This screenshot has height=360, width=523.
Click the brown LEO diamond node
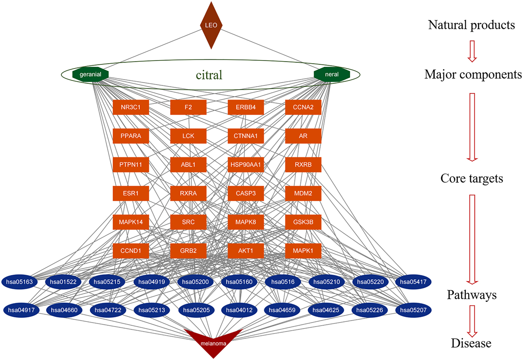pos(211,25)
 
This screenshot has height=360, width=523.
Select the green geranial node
pos(91,74)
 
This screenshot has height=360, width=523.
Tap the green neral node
pos(332,74)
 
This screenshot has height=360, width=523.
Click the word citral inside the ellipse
pos(210,75)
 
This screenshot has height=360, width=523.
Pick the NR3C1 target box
pos(130,107)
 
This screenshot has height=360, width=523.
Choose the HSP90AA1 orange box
pos(245,165)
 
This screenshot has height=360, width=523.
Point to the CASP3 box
pos(245,194)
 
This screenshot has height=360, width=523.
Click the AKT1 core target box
pos(245,251)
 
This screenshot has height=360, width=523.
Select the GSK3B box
pos(303,222)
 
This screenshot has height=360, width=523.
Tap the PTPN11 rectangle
pos(130,165)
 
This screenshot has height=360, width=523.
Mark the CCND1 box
pos(130,251)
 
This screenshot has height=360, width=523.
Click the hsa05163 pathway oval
pos(20,282)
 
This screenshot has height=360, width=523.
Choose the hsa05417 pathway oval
pos(413,282)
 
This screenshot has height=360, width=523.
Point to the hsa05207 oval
pos(413,310)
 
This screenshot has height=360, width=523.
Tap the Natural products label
pos(471,25)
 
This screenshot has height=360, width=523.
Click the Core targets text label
pos(472,179)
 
